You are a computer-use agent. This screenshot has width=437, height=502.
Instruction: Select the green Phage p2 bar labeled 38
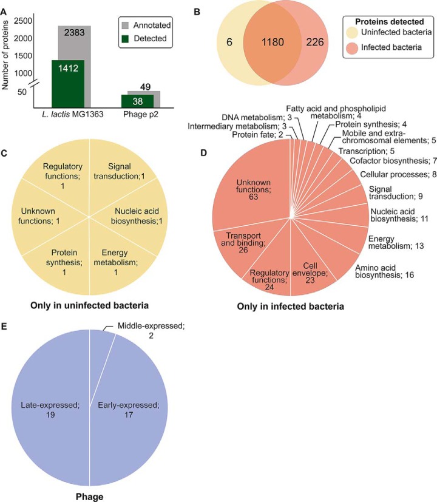[137, 100]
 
